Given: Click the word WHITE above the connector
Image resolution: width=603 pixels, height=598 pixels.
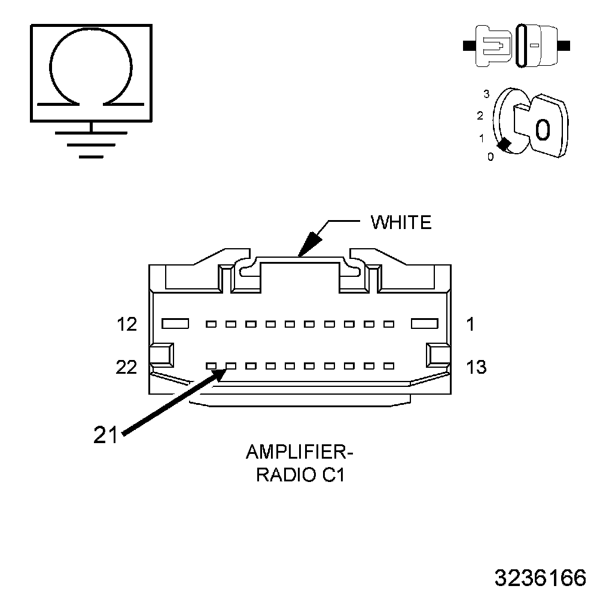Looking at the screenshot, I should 401,222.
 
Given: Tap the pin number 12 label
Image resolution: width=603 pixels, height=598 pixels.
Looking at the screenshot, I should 127,325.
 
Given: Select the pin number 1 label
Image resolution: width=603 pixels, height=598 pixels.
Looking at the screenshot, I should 470,325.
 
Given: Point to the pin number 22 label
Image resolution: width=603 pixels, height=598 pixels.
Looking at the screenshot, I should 126,367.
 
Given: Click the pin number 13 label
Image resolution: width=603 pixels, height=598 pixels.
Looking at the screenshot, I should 476,367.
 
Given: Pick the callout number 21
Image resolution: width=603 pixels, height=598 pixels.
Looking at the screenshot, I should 105,435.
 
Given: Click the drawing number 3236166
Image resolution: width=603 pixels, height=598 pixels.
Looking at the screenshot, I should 540,578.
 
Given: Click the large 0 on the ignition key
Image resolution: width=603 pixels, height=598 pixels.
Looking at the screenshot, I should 541,129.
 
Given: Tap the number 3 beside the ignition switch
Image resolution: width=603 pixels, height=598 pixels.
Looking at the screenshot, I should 486,94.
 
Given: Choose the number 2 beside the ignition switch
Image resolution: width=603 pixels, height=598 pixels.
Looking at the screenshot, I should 480,116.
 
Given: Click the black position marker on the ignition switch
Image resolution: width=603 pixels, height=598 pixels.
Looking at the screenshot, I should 504,144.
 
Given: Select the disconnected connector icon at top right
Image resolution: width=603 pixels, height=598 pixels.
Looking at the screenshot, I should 516,45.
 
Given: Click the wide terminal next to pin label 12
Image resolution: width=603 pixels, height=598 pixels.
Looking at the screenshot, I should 175,324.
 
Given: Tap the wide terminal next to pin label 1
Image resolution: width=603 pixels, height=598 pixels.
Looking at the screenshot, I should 425,324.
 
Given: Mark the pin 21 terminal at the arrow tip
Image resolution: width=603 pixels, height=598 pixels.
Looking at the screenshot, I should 230,365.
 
